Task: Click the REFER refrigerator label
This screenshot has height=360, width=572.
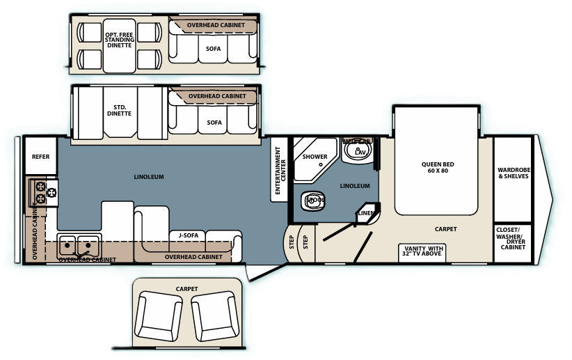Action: point(40,157)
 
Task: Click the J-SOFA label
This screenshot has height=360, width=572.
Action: point(189,235)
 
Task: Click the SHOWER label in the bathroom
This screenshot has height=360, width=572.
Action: point(315,157)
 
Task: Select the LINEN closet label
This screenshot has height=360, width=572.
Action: point(366,213)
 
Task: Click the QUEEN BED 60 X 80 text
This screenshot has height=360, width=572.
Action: point(437,168)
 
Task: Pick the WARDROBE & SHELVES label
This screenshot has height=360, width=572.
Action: point(513,172)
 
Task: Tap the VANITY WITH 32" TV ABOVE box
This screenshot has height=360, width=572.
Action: point(422,251)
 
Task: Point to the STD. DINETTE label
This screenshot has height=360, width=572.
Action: point(118,111)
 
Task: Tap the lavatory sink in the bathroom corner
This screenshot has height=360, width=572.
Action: point(359,151)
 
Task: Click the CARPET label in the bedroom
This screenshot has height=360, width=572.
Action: point(445,228)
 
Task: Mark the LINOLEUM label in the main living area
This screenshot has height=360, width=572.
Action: point(149,177)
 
